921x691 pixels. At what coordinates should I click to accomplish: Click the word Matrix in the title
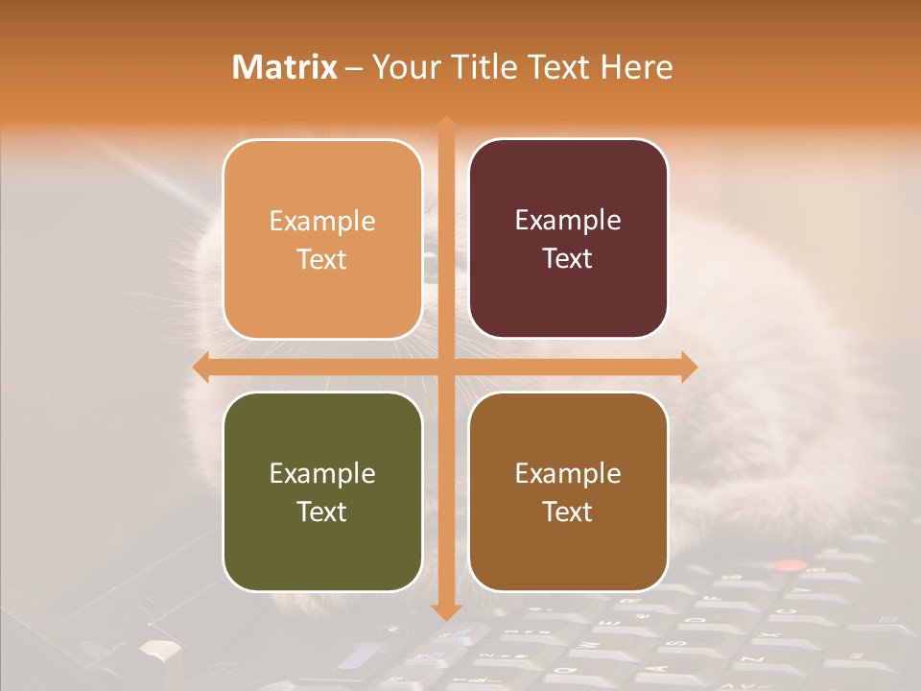point(284,67)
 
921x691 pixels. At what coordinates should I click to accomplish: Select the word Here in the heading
point(636,67)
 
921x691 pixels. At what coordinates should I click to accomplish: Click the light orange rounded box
point(322,239)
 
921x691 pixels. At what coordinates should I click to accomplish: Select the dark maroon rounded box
point(568,239)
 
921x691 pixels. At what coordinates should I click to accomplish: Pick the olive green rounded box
point(322,491)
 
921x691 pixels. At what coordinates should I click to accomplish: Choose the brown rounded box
point(568,491)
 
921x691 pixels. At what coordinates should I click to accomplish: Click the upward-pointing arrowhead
point(446,123)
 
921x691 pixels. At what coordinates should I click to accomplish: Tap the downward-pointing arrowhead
point(446,612)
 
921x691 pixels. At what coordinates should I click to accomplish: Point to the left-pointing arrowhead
point(201,367)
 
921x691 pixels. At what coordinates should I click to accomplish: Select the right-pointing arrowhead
point(690,367)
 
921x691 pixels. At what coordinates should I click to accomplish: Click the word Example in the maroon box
point(568,220)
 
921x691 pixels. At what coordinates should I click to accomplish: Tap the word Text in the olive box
point(321,512)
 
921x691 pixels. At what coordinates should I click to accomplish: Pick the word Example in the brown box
point(568,473)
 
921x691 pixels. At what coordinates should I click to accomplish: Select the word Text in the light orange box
point(321,259)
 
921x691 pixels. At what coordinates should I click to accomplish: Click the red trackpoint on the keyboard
point(789,565)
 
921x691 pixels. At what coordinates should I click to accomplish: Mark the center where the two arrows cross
point(446,367)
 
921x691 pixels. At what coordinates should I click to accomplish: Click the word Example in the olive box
point(322,473)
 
